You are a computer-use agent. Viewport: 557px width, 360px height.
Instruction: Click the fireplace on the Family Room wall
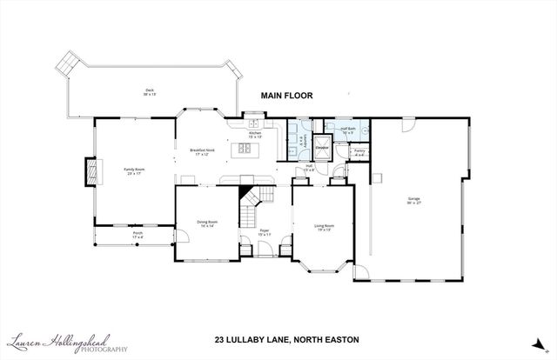click(x=89, y=170)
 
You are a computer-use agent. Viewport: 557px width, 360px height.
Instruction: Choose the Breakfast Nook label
click(x=202, y=152)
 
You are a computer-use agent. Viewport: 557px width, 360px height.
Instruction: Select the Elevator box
click(x=322, y=146)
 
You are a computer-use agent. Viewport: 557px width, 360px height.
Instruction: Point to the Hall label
click(x=309, y=168)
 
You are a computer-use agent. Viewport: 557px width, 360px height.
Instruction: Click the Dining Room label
click(x=206, y=223)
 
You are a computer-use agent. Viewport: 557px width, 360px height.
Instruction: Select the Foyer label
click(x=265, y=234)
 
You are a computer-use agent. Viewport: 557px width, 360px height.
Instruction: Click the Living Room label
click(x=324, y=228)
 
